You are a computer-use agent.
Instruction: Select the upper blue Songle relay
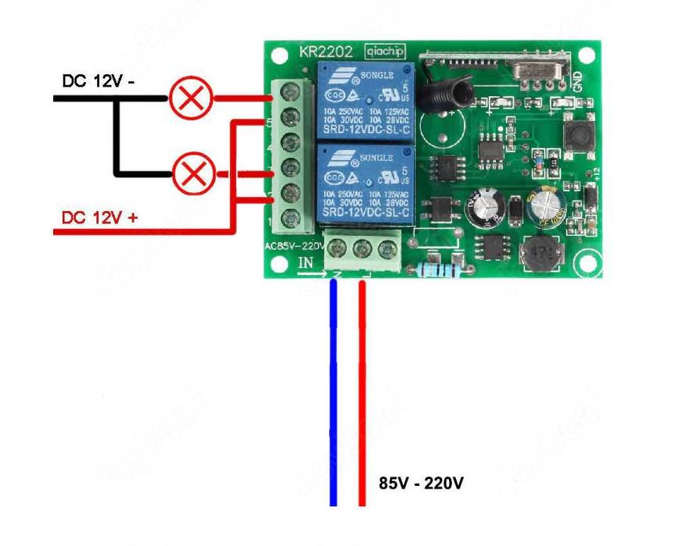[365, 101]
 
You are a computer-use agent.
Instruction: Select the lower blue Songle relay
[365, 184]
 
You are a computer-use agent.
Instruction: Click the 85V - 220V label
[421, 484]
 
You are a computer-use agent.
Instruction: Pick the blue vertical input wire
[334, 391]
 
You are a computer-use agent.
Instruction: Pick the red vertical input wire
[362, 391]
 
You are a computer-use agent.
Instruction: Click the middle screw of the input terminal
[362, 249]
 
